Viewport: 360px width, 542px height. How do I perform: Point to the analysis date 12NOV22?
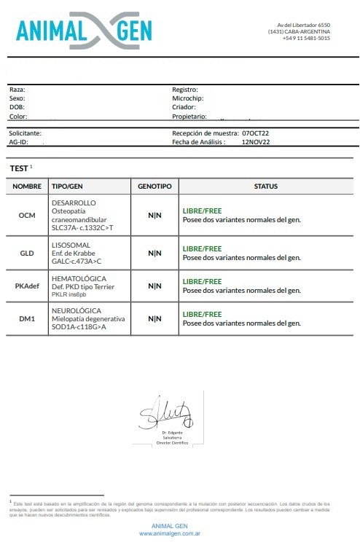(256, 143)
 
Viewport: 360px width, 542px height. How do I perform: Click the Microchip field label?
(187, 98)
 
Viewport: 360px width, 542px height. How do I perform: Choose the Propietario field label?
(189, 116)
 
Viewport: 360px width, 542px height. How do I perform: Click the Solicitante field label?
(25, 133)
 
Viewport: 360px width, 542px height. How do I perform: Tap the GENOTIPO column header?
(154, 186)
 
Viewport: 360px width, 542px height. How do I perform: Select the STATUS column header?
(265, 186)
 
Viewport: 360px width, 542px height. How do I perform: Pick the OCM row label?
(28, 215)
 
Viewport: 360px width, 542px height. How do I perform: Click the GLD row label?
(28, 253)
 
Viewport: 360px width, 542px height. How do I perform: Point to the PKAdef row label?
(28, 286)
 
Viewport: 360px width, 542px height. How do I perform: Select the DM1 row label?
(28, 318)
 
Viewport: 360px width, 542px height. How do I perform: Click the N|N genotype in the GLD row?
(154, 253)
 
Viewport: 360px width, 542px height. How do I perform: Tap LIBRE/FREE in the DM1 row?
(202, 314)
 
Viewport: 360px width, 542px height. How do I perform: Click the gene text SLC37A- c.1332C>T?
(82, 228)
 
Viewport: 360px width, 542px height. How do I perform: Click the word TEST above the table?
(18, 168)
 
